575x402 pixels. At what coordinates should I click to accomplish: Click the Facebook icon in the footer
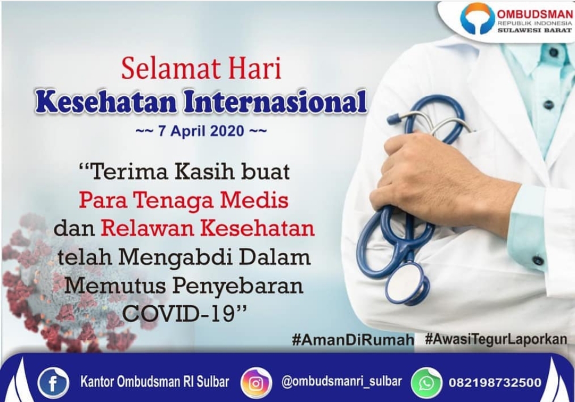pos(53,383)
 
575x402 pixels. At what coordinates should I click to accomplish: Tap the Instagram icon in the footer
pos(256,383)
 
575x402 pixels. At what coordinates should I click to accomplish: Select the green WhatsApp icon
pos(426,383)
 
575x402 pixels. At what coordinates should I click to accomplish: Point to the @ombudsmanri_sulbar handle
pos(341,382)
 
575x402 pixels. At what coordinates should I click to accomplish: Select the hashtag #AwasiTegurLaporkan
pos(496,339)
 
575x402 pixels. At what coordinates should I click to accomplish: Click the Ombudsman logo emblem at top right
pos(477,19)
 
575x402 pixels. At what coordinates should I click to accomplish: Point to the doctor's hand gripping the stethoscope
pos(426,175)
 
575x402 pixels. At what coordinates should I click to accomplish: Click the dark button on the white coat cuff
pos(538,261)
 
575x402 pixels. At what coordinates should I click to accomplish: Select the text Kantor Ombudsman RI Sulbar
pos(154,382)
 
